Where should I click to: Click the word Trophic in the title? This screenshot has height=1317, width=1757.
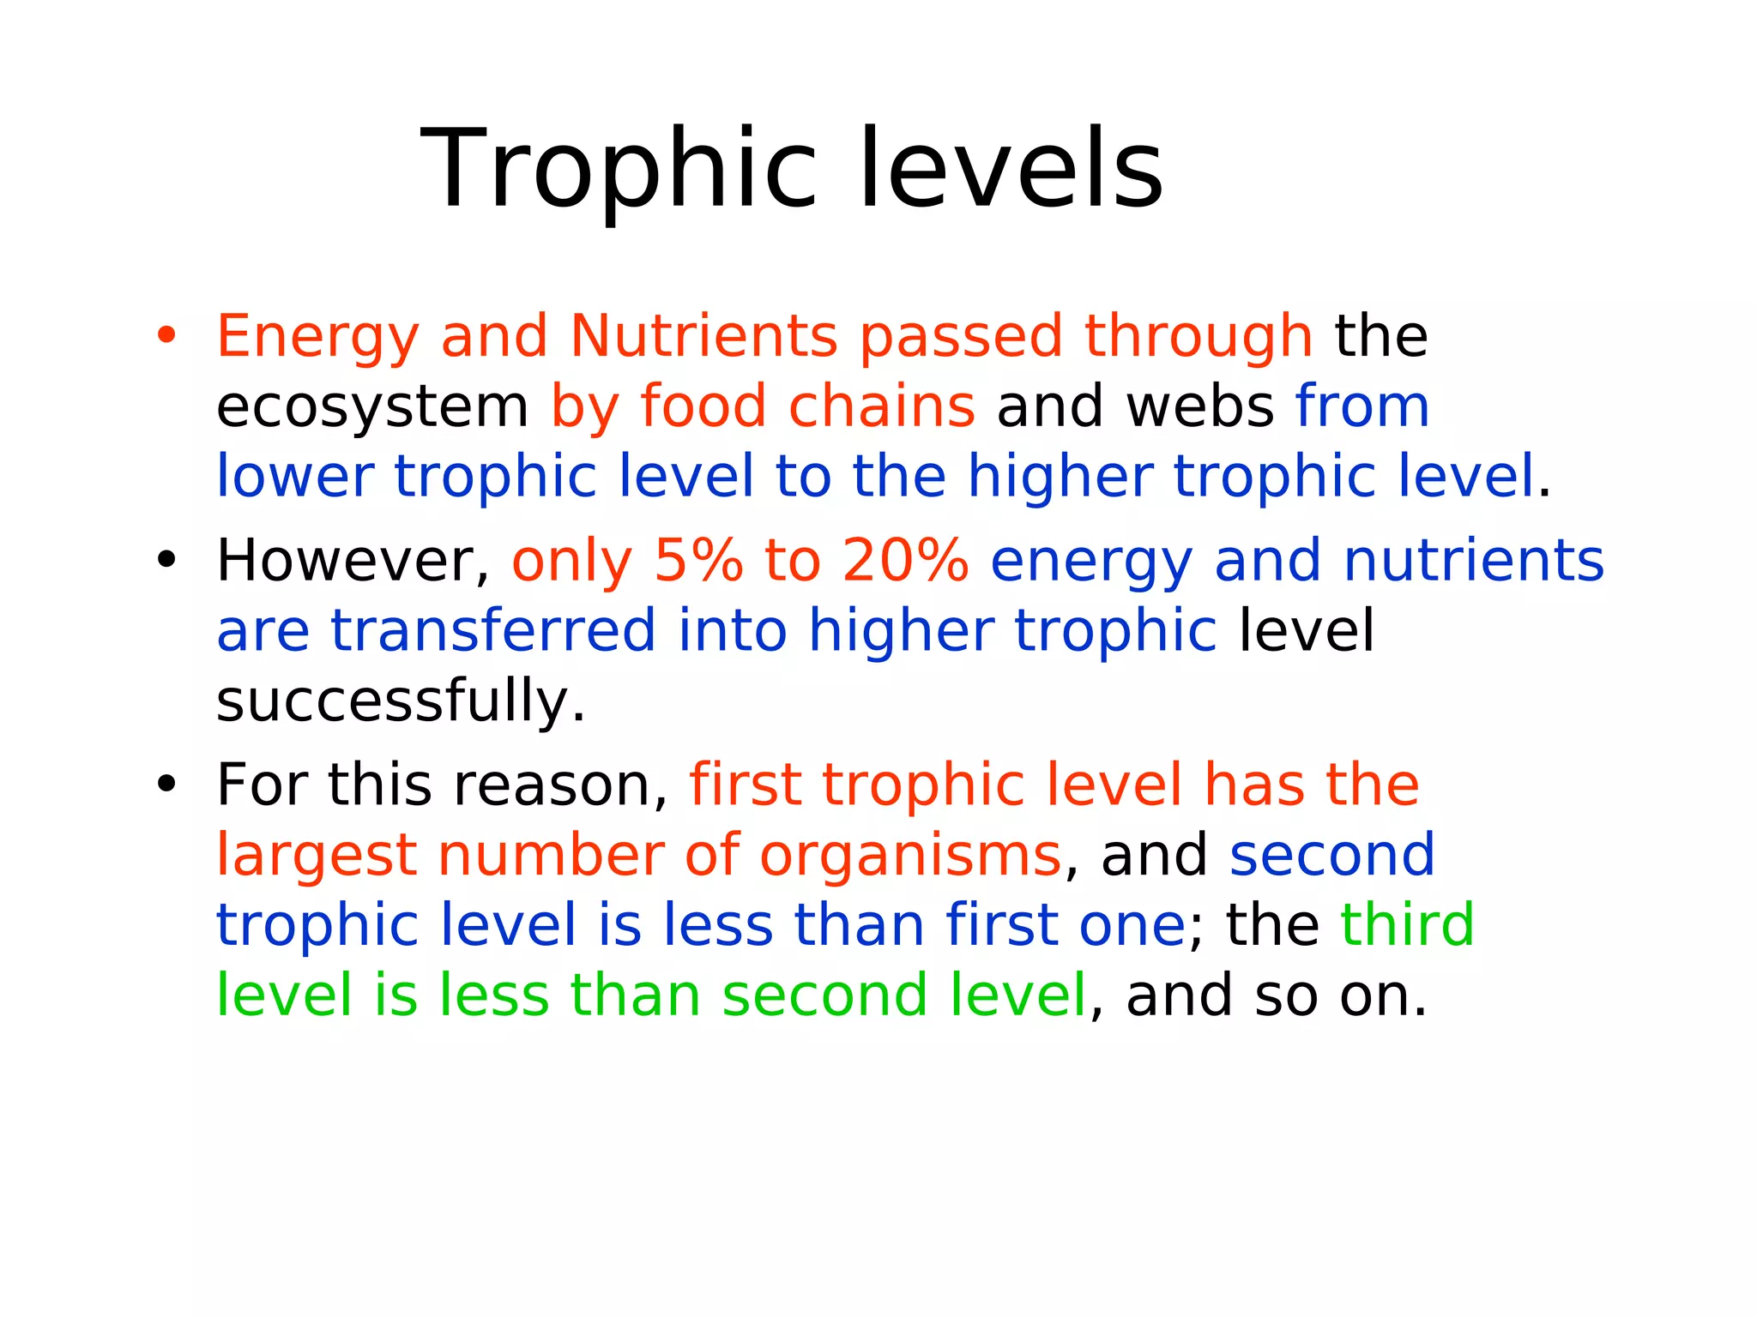pos(618,169)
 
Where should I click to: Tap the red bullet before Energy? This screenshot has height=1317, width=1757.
pos(166,335)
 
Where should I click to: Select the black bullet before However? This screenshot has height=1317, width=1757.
pos(166,560)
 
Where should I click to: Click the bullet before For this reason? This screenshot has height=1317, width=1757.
pos(166,784)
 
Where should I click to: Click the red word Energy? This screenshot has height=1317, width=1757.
pos(317,336)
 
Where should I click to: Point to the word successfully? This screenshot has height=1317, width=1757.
pos(400,701)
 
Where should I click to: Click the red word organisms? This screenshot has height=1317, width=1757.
pos(911,856)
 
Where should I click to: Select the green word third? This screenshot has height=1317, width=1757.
pos(1407,924)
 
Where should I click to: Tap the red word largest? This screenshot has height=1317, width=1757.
pos(316,856)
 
